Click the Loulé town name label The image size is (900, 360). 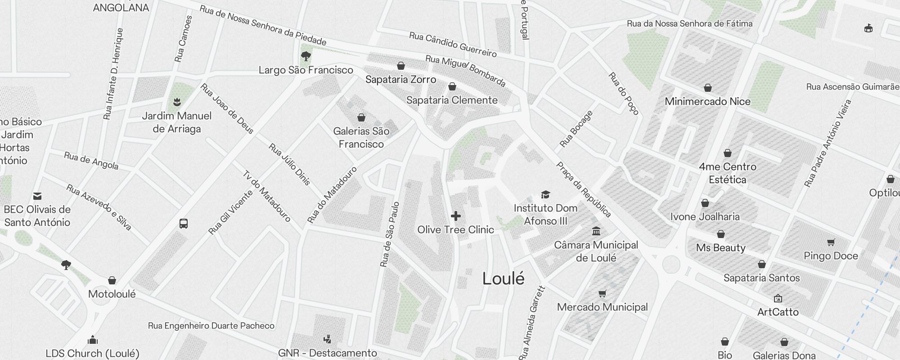click(503, 279)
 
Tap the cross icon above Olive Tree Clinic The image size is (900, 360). click(456, 216)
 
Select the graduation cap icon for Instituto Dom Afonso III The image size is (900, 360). click(545, 195)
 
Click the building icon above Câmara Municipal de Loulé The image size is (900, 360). click(596, 231)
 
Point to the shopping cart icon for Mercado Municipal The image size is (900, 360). click(603, 294)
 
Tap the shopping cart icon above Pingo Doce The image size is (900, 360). click(831, 243)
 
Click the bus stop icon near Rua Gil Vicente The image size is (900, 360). click(184, 224)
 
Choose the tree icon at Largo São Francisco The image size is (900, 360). click(306, 57)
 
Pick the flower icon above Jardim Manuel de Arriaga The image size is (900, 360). click(177, 102)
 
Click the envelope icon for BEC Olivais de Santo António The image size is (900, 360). click(37, 196)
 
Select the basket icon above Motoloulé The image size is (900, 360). click(112, 281)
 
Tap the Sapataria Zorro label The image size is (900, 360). click(400, 80)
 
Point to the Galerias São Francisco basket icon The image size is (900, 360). click(361, 118)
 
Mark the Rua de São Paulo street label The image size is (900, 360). click(390, 234)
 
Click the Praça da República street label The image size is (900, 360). click(584, 189)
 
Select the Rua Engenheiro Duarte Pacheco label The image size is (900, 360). click(211, 326)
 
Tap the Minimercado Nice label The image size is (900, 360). click(707, 102)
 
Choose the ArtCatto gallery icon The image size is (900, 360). click(778, 298)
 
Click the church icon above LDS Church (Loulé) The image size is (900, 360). click(93, 339)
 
